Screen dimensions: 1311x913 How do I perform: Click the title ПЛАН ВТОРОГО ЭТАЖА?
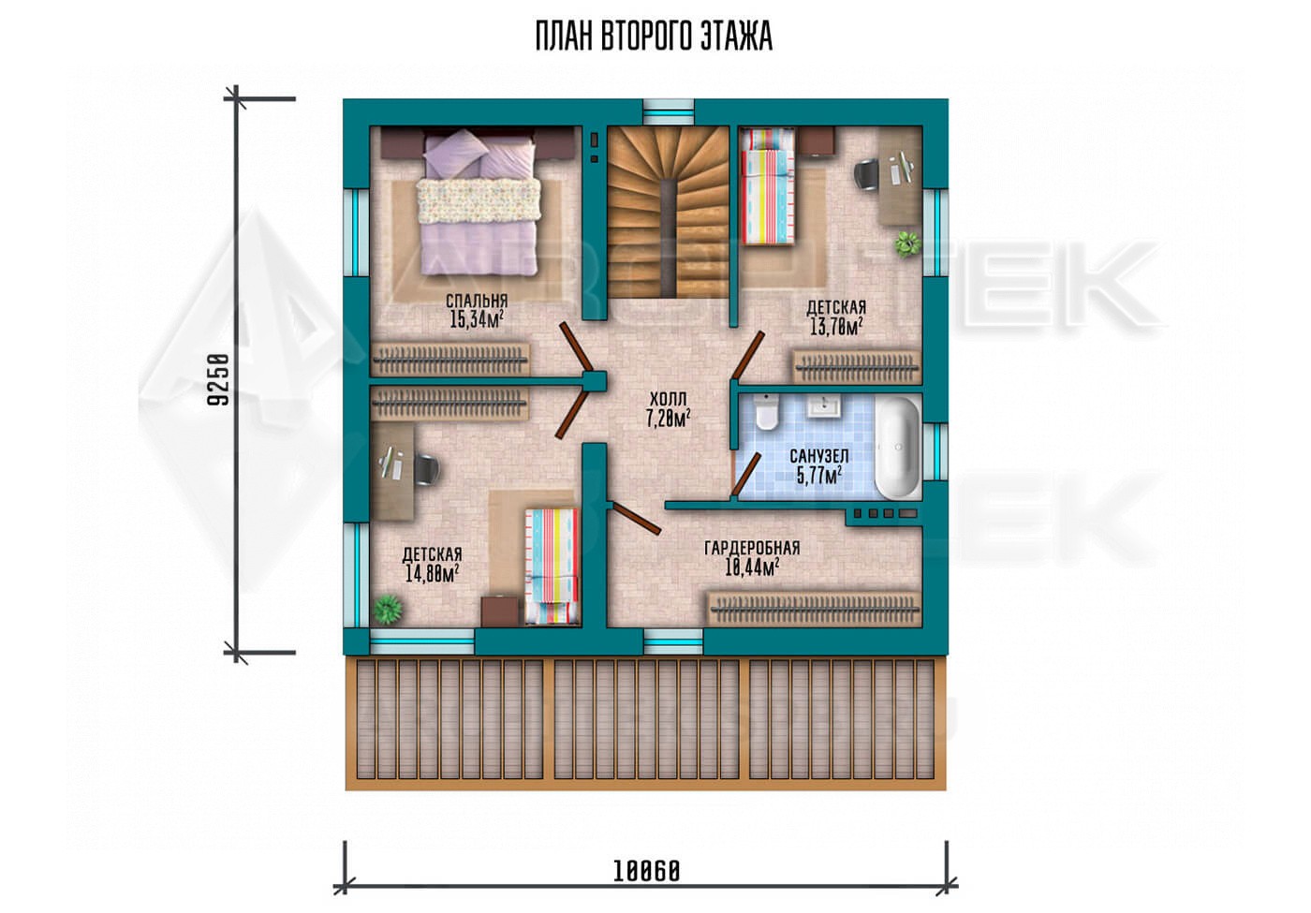point(654,37)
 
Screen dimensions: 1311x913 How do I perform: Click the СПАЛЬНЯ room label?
point(477,301)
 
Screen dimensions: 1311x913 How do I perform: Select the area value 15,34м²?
point(477,318)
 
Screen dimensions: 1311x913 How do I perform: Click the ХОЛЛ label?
point(668,399)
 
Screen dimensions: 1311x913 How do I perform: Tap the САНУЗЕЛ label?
point(818,456)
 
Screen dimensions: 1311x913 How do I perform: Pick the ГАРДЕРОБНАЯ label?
point(752,549)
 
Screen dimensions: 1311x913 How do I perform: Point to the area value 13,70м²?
point(836,326)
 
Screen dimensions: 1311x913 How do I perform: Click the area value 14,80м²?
point(432,572)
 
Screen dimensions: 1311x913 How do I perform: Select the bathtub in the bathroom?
point(897,449)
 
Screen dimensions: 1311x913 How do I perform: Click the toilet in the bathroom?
point(766,412)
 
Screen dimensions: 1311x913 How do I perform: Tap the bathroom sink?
point(825,405)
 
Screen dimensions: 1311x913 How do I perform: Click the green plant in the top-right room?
point(906,243)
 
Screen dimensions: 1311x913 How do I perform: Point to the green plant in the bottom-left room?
point(388,609)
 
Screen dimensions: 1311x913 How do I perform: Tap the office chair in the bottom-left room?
point(427,469)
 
